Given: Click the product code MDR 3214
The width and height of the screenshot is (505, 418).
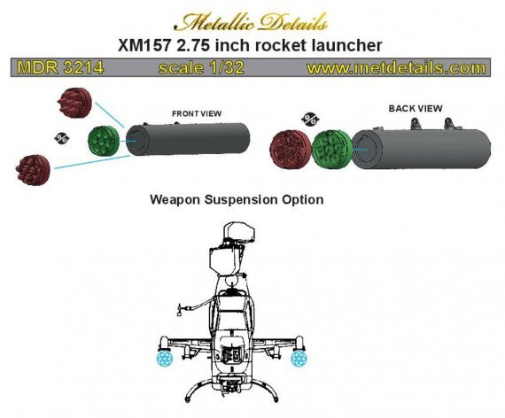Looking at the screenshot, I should tap(54, 67).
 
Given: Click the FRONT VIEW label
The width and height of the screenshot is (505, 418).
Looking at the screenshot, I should tap(196, 114).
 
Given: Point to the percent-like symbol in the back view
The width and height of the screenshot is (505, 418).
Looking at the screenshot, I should tap(309, 118).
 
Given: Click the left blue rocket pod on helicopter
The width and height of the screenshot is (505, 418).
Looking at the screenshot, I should tap(165, 357).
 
